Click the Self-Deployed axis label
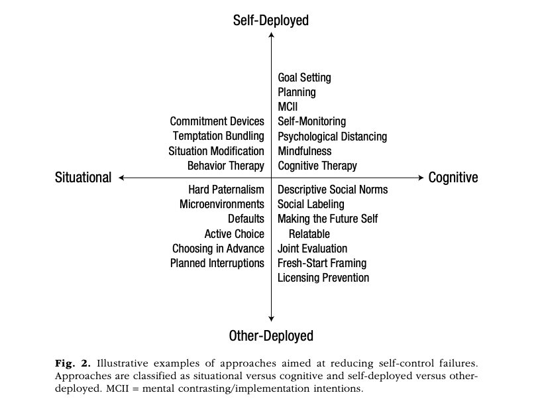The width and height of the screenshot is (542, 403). (270, 21)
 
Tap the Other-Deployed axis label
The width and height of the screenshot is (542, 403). (271, 336)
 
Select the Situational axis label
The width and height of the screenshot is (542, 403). (83, 178)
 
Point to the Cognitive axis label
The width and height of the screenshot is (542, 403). (453, 178)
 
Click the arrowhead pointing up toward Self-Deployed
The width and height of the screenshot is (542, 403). (272, 34)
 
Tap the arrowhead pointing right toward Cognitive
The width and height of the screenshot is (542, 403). (421, 178)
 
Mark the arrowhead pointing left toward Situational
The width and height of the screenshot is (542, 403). (121, 178)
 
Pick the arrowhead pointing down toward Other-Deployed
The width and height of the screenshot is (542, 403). (272, 319)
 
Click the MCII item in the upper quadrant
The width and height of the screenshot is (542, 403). (288, 107)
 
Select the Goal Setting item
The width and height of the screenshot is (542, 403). (304, 78)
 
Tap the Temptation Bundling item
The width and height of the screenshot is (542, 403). (219, 136)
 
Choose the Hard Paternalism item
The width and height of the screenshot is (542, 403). (226, 190)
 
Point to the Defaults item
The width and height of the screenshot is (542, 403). (246, 219)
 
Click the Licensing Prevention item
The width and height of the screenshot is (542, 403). (323, 278)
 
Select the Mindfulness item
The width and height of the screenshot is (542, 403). (305, 151)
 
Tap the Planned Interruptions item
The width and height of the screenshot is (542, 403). (217, 263)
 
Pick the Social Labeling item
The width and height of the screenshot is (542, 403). (311, 204)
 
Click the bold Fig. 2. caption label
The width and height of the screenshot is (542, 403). (73, 364)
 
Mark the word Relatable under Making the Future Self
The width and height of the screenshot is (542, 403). (309, 234)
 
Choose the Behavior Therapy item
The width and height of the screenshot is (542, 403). (226, 166)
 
